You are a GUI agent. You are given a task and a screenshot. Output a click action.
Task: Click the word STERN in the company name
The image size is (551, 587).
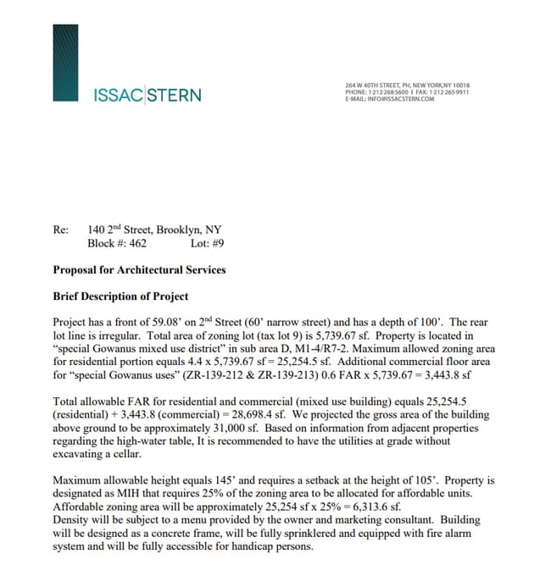pyautogui.click(x=175, y=94)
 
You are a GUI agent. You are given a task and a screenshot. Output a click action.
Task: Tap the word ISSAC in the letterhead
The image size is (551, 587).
pyautogui.click(x=118, y=94)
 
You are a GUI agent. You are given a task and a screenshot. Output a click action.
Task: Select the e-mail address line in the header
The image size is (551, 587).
pyautogui.click(x=389, y=98)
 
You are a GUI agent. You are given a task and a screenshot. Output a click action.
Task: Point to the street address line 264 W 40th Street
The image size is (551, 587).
pyautogui.click(x=407, y=85)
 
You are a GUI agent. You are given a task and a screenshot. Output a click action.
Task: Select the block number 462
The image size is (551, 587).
pyautogui.click(x=136, y=243)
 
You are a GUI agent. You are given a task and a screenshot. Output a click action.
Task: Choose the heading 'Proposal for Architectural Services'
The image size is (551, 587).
pyautogui.click(x=139, y=270)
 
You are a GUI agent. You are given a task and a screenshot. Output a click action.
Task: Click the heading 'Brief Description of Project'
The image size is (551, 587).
pyautogui.click(x=120, y=296)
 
